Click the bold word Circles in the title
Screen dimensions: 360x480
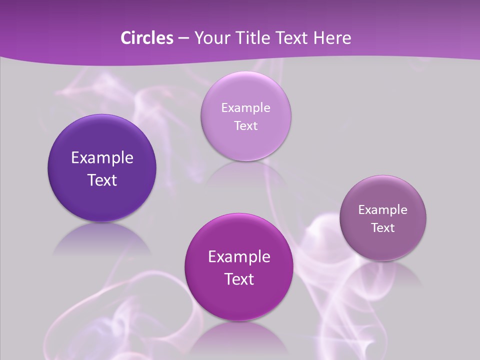146,38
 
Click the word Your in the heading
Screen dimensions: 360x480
209,38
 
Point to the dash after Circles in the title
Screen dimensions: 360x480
183,38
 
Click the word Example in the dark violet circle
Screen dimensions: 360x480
102,158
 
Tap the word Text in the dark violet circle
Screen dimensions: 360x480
102,180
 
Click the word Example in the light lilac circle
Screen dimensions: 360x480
246,108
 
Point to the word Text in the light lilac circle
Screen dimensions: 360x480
246,126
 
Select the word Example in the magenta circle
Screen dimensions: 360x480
239,257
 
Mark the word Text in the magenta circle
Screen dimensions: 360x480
239,279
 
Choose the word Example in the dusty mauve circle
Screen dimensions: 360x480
383,210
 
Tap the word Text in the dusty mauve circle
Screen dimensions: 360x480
383,228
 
